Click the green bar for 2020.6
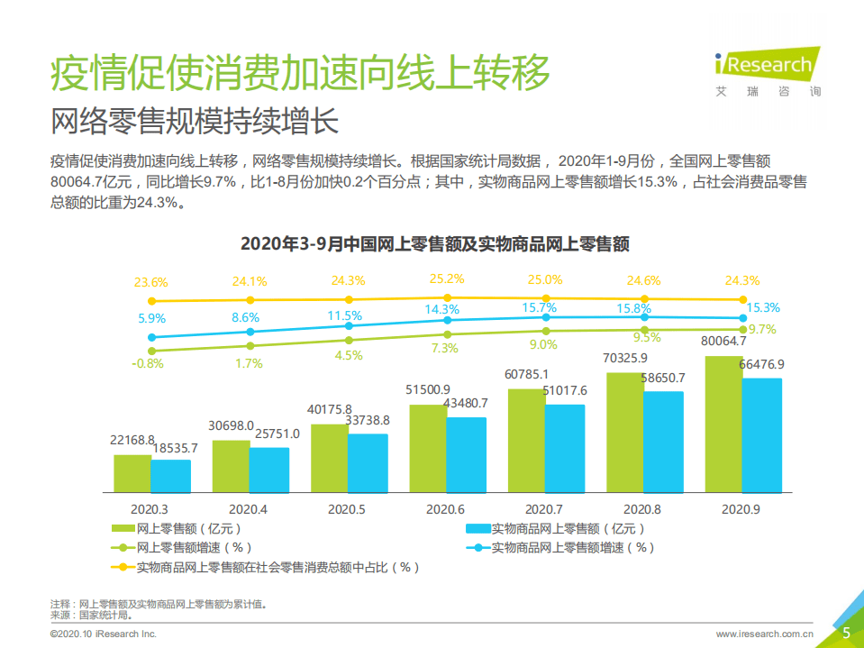coord(428,448)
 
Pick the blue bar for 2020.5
coord(368,462)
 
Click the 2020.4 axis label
coord(247,509)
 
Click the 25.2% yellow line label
coord(447,278)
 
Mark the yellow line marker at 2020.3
coord(151,301)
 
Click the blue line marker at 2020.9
coord(743,318)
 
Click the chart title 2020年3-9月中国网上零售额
coord(433,243)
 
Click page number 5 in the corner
coord(846,633)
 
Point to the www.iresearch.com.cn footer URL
coord(765,634)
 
